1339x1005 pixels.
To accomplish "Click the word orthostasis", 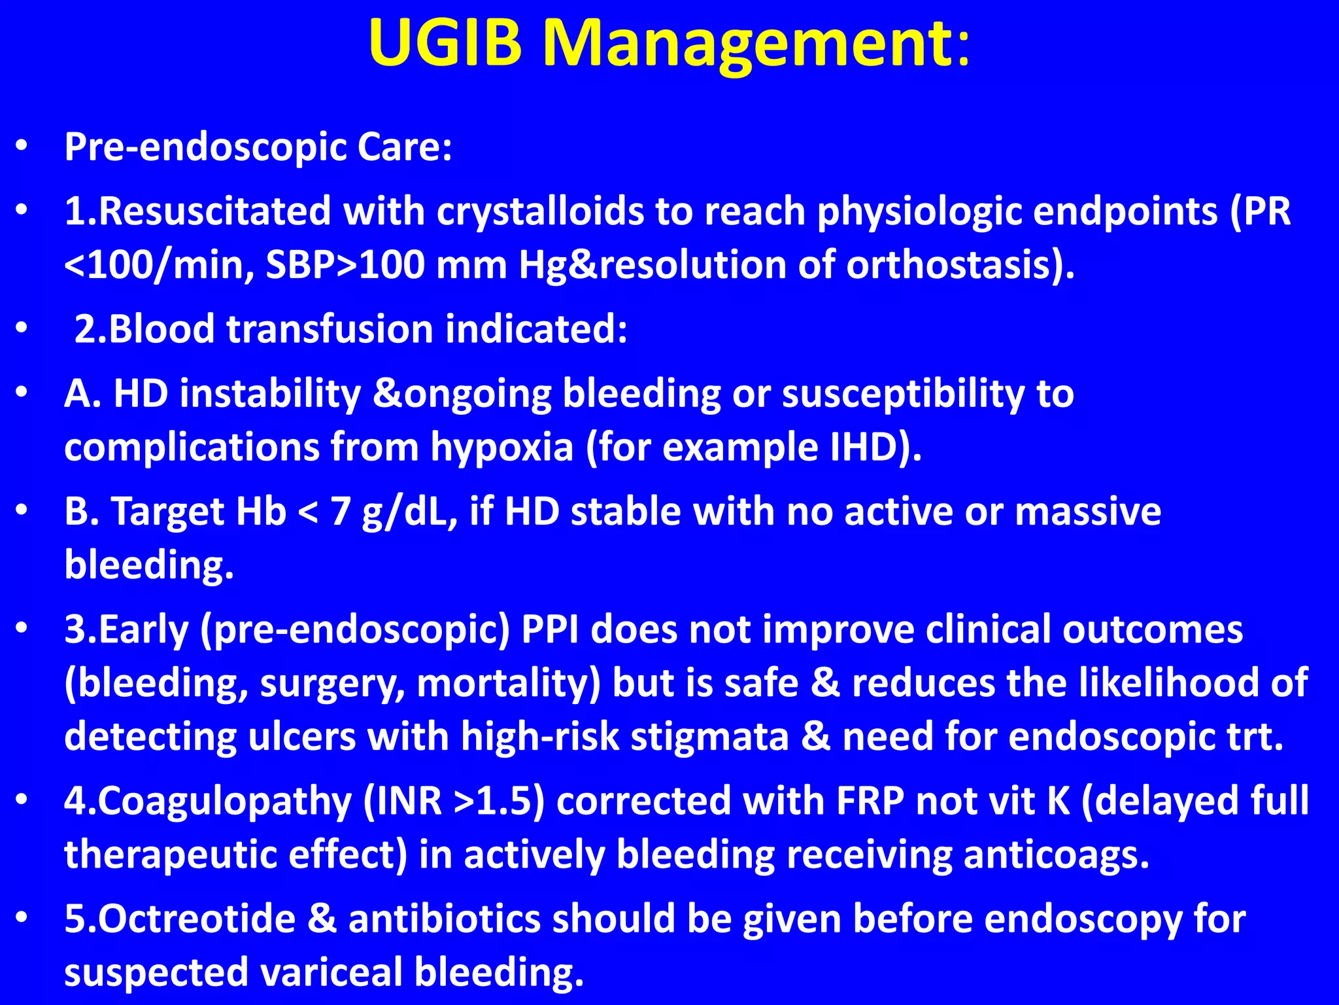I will [953, 266].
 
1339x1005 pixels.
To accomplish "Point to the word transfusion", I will [330, 328].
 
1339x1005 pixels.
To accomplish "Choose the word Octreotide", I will [197, 919].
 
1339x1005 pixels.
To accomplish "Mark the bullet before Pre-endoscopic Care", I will [22, 147].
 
